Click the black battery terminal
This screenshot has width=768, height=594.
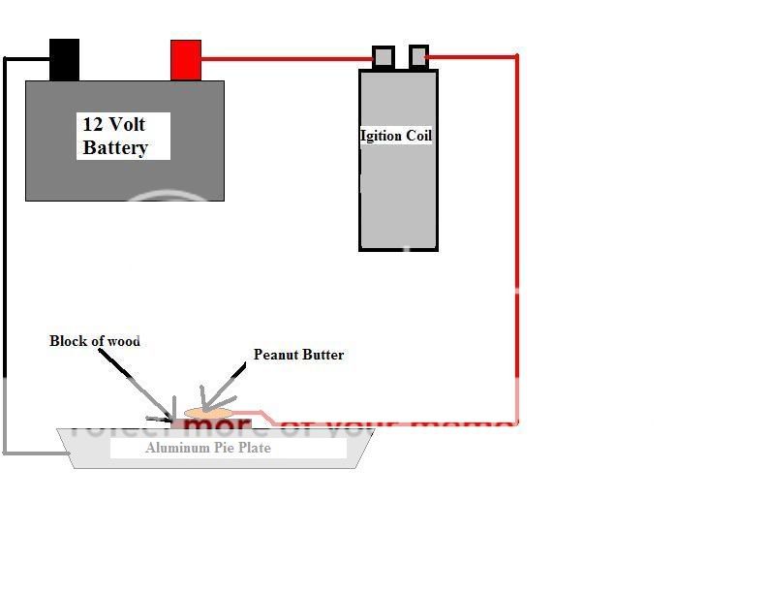[64, 59]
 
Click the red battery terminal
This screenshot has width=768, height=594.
[185, 59]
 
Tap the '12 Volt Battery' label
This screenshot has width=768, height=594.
[115, 136]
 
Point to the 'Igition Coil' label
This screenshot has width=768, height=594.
[396, 136]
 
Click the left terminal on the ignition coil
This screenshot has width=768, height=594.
[383, 57]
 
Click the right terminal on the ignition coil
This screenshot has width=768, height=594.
[418, 57]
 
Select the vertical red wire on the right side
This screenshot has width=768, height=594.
[516, 242]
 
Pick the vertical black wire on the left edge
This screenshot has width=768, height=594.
[5, 252]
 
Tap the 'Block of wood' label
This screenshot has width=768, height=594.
[95, 341]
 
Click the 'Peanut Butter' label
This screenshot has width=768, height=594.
[298, 355]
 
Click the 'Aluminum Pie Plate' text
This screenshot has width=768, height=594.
[208, 448]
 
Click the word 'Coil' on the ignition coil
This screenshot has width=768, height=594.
[418, 136]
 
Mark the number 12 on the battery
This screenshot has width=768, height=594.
[93, 125]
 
